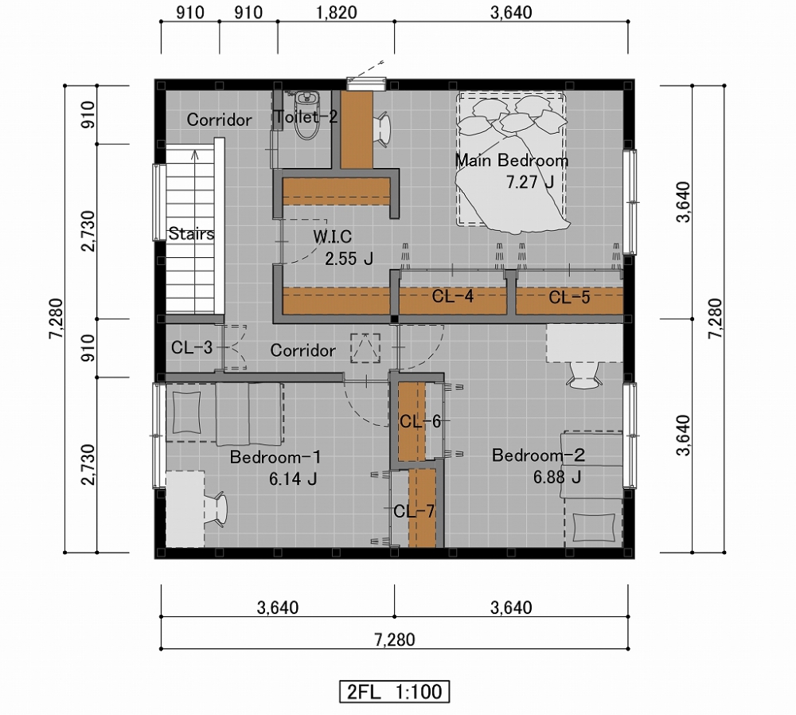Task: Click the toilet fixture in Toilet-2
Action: click(306, 115)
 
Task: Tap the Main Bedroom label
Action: click(511, 161)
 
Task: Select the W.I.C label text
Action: click(332, 236)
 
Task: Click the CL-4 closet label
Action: click(452, 296)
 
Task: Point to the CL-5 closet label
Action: click(569, 297)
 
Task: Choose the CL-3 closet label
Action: click(191, 348)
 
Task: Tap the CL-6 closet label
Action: click(419, 421)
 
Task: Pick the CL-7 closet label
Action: click(414, 511)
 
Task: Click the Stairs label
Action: click(191, 233)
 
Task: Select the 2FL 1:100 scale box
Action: click(395, 692)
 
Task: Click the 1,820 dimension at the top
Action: click(336, 12)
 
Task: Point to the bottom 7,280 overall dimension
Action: click(395, 639)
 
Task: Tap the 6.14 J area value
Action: click(293, 479)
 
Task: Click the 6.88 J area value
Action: click(557, 477)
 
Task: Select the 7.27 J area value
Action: click(530, 182)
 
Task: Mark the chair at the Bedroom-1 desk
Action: click(217, 509)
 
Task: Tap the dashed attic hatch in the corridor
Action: click(365, 348)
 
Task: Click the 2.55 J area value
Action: click(349, 259)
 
